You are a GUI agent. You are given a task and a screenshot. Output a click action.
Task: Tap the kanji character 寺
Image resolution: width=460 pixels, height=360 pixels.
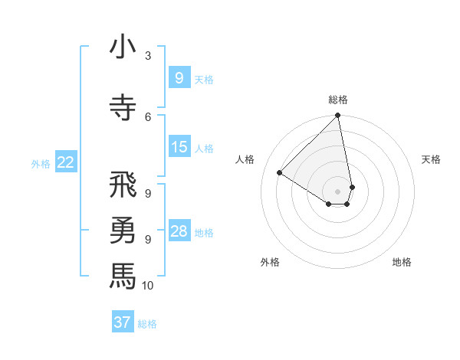click(x=123, y=108)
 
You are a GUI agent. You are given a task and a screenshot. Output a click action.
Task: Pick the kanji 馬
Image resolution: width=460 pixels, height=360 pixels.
click(x=123, y=275)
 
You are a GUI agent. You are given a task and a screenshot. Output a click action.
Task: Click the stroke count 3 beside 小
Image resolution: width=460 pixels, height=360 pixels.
click(x=148, y=56)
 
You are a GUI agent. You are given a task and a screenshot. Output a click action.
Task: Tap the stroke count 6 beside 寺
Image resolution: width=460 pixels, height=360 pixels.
click(x=148, y=116)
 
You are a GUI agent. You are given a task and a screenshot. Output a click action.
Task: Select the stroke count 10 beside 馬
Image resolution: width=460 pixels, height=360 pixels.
click(x=148, y=286)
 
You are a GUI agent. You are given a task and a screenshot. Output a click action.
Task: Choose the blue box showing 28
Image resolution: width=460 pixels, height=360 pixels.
click(x=179, y=231)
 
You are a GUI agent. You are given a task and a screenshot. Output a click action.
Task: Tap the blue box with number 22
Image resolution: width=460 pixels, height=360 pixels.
click(x=66, y=162)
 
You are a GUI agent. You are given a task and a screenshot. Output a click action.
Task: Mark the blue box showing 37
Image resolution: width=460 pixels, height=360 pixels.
click(x=123, y=322)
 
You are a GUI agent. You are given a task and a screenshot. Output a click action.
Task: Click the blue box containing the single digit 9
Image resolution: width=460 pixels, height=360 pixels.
click(x=179, y=77)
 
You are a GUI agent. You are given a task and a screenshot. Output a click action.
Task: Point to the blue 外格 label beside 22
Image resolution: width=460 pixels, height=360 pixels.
click(x=41, y=163)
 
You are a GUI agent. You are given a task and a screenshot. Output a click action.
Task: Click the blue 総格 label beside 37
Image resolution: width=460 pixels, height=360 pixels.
click(x=147, y=324)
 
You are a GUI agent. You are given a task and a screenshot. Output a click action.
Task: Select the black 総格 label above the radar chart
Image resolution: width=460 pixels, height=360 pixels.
click(x=338, y=100)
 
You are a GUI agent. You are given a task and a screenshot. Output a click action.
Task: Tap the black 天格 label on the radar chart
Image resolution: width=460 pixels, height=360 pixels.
click(x=432, y=159)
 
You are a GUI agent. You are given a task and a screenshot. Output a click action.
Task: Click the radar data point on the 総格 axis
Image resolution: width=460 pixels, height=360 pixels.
click(x=338, y=116)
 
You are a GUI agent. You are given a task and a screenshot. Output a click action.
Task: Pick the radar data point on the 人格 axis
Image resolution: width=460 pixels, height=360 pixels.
click(x=280, y=173)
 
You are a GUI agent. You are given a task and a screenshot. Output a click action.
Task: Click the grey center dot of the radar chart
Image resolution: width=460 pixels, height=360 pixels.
click(x=338, y=191)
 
